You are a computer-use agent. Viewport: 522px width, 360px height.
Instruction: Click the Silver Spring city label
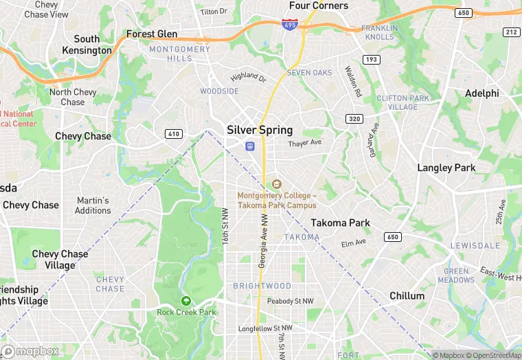[x=260, y=130]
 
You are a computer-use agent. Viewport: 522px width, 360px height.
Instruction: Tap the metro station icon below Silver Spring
[x=249, y=146]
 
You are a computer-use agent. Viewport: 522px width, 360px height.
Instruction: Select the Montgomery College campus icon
[x=277, y=183]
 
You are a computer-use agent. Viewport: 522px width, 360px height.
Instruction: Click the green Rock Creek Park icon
[x=185, y=300]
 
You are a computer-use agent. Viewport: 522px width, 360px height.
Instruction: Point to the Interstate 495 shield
[x=289, y=24]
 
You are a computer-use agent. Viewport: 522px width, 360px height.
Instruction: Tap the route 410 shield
[x=173, y=133]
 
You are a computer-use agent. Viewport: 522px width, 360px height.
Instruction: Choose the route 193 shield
[x=372, y=60]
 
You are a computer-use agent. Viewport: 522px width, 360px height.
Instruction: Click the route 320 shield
[x=354, y=118]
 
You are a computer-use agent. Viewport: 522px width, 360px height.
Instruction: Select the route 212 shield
[x=510, y=32]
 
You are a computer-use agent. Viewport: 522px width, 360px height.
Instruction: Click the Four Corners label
[x=319, y=5]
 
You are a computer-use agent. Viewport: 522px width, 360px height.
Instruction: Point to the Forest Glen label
[x=152, y=34]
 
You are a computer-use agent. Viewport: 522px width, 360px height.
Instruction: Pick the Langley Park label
[x=446, y=168]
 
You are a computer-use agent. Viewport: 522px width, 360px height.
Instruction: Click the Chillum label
[x=407, y=295]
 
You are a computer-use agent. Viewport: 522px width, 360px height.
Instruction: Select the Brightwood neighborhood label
[x=262, y=286]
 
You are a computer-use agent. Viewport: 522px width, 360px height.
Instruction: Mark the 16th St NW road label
[x=225, y=226]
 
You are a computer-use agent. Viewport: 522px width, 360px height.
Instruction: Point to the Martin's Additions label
[x=93, y=205]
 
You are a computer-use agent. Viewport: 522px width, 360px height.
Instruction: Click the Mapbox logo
[x=30, y=351]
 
